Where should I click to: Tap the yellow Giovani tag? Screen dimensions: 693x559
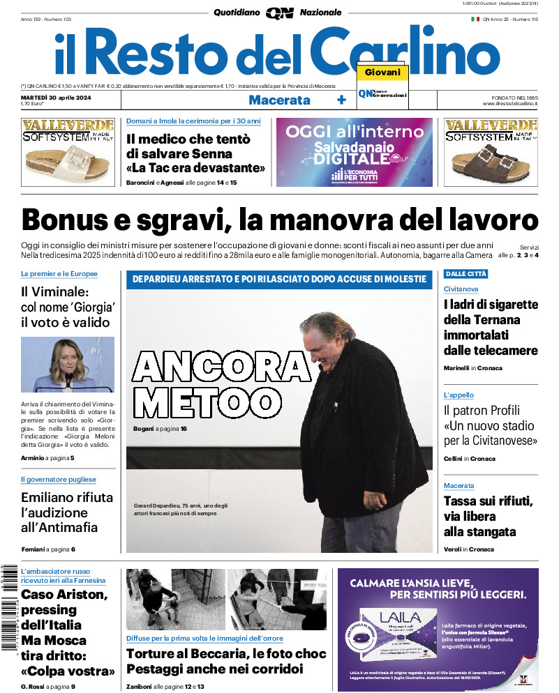(382, 73)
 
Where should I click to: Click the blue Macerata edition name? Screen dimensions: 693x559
(279, 100)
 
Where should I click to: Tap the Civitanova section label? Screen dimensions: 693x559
(461, 289)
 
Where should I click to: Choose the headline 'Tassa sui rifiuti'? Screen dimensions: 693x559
(488, 501)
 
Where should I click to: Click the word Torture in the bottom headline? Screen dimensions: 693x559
(155, 654)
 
